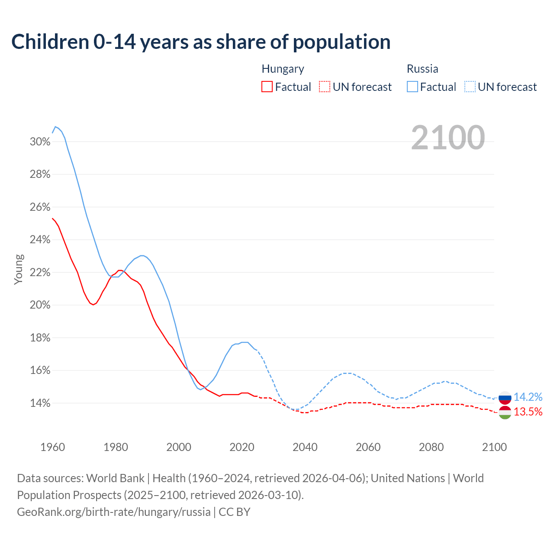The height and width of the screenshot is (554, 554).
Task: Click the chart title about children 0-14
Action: click(201, 42)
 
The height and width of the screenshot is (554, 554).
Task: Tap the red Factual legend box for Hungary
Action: click(267, 87)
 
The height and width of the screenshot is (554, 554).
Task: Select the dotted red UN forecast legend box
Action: click(325, 87)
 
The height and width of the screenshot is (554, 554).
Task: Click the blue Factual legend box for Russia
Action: click(412, 87)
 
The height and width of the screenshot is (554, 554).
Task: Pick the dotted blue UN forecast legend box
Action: click(470, 87)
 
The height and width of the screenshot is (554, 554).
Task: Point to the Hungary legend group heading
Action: click(283, 69)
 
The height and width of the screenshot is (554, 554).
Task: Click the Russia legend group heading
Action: click(422, 69)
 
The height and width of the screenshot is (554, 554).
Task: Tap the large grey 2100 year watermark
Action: click(448, 138)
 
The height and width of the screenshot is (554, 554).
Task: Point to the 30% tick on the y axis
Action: click(40, 142)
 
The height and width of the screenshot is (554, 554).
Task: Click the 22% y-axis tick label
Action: click(40, 273)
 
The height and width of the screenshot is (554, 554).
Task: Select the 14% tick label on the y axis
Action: click(40, 403)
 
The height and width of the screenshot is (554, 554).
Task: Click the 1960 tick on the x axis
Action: click(52, 447)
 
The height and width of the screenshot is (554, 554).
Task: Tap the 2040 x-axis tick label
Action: click(305, 447)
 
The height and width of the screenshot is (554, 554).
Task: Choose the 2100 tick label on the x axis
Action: click(494, 447)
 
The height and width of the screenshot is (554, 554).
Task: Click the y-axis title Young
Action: click(18, 269)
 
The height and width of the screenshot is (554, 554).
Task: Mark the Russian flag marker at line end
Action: click(505, 397)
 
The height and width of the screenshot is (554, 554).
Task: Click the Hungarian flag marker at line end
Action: click(505, 412)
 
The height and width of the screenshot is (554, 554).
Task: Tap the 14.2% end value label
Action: click(528, 397)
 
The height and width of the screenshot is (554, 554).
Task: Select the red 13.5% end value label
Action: click(528, 412)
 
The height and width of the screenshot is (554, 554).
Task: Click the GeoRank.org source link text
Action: click(114, 512)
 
